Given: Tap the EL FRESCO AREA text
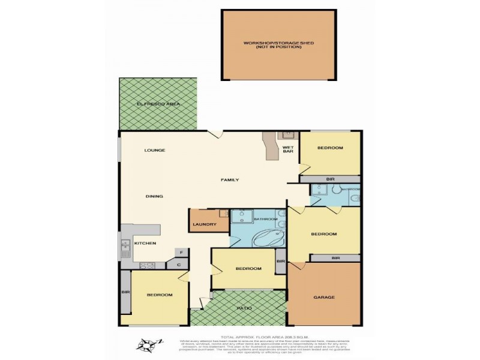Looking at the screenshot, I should pyautogui.click(x=158, y=104).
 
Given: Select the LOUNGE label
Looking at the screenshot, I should pyautogui.click(x=154, y=150).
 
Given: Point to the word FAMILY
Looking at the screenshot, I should pyautogui.click(x=230, y=180).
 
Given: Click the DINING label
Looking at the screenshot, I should pyautogui.click(x=155, y=196).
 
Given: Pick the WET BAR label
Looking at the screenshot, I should pyautogui.click(x=288, y=149).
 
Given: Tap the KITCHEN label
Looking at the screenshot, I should pyautogui.click(x=145, y=243).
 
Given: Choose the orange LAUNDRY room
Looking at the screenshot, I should pyautogui.click(x=204, y=225).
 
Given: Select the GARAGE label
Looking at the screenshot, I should pyautogui.click(x=324, y=297).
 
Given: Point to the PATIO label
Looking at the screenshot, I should pyautogui.click(x=243, y=308).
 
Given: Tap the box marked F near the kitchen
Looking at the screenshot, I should pyautogui.click(x=178, y=253).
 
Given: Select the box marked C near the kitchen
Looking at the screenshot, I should pyautogui.click(x=178, y=264).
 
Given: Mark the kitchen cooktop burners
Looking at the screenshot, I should pyautogui.click(x=148, y=265).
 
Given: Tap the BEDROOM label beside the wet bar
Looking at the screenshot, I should pyautogui.click(x=330, y=148).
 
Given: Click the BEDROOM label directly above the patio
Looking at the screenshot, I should pyautogui.click(x=248, y=269).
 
